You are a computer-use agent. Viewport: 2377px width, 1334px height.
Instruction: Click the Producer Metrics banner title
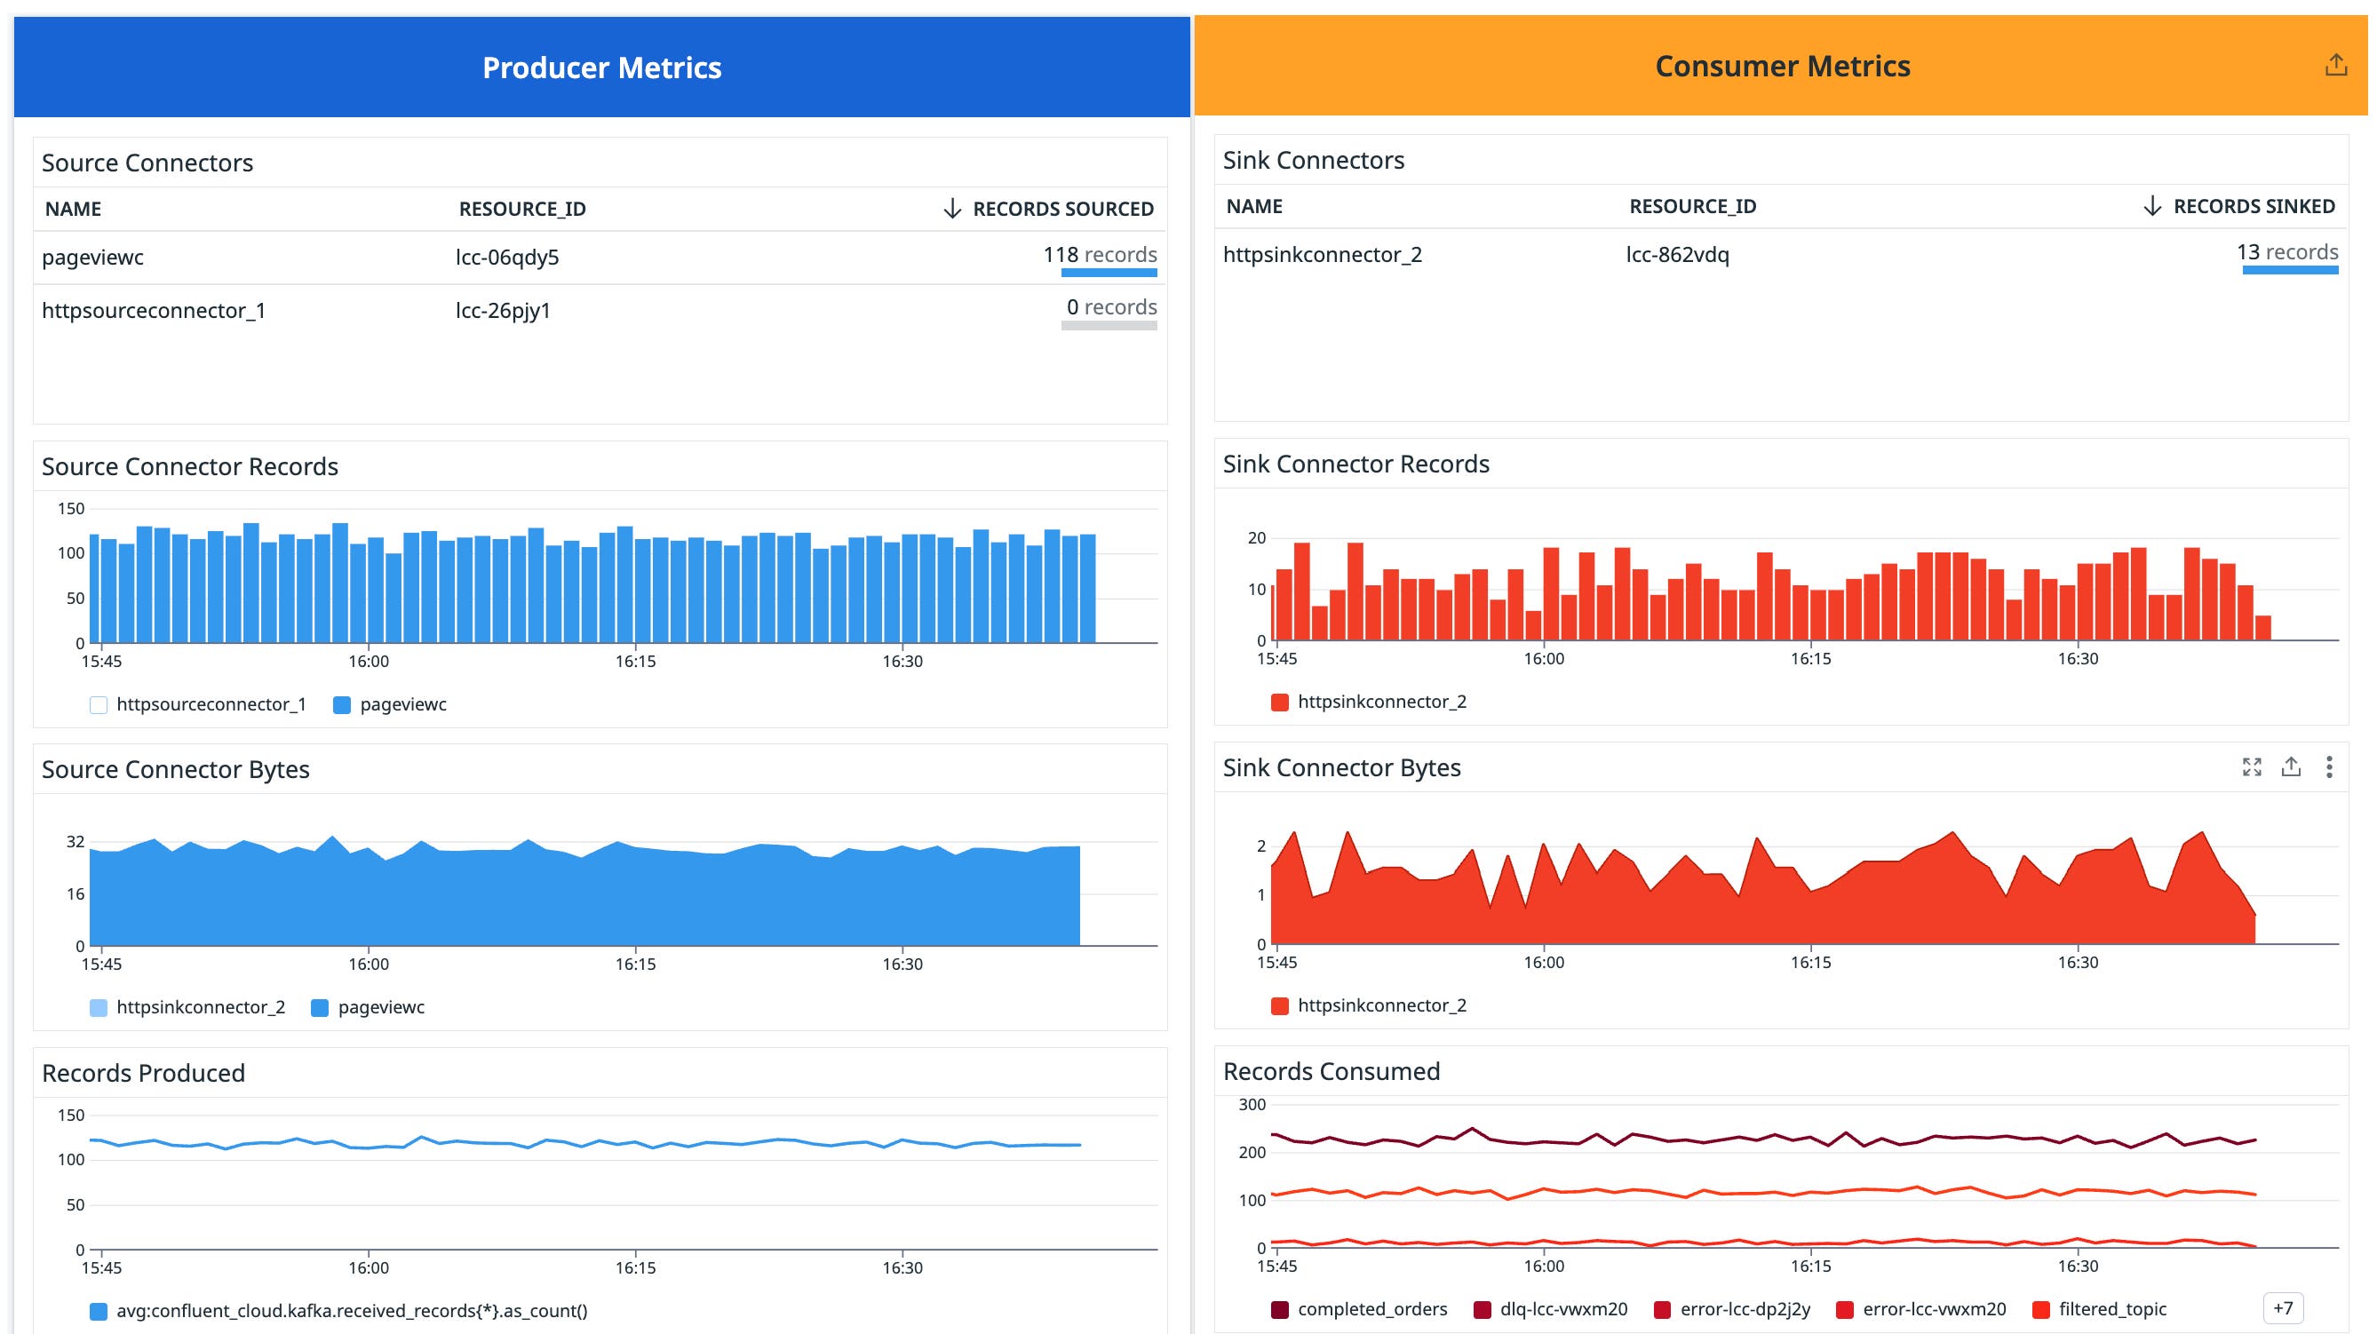[601, 67]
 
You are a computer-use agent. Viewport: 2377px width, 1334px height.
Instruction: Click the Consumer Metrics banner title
[1782, 66]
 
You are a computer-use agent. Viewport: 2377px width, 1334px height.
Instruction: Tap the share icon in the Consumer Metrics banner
[2335, 65]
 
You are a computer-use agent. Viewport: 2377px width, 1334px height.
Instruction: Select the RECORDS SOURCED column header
[1061, 209]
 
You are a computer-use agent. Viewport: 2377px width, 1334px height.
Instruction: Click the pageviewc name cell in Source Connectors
[93, 258]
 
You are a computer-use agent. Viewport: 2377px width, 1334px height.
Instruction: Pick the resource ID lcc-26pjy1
[503, 311]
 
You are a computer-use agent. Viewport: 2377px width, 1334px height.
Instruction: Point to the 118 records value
[1099, 255]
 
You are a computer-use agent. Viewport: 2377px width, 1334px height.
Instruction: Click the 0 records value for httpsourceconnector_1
[1111, 307]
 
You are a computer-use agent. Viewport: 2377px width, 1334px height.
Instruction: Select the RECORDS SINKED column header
[2253, 207]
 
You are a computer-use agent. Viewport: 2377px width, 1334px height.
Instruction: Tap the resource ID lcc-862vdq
[1677, 255]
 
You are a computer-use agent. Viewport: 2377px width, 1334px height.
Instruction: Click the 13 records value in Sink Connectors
[2286, 252]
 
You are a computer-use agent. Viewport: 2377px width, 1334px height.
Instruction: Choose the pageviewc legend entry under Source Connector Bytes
[379, 1007]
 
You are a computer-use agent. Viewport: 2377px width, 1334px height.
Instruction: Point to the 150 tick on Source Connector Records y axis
[71, 508]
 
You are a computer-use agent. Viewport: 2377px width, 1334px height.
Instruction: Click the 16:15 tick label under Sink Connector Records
[1809, 659]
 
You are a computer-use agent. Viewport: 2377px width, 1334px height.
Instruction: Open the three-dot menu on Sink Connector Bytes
[2329, 766]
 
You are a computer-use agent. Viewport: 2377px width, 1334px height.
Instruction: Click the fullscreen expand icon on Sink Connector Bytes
[2252, 766]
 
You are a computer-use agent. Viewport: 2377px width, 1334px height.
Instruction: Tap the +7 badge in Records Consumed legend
[2283, 1308]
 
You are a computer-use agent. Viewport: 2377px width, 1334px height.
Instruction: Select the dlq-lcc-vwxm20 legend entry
[1562, 1309]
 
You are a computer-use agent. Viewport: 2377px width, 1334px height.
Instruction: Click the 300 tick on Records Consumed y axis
[1252, 1104]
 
